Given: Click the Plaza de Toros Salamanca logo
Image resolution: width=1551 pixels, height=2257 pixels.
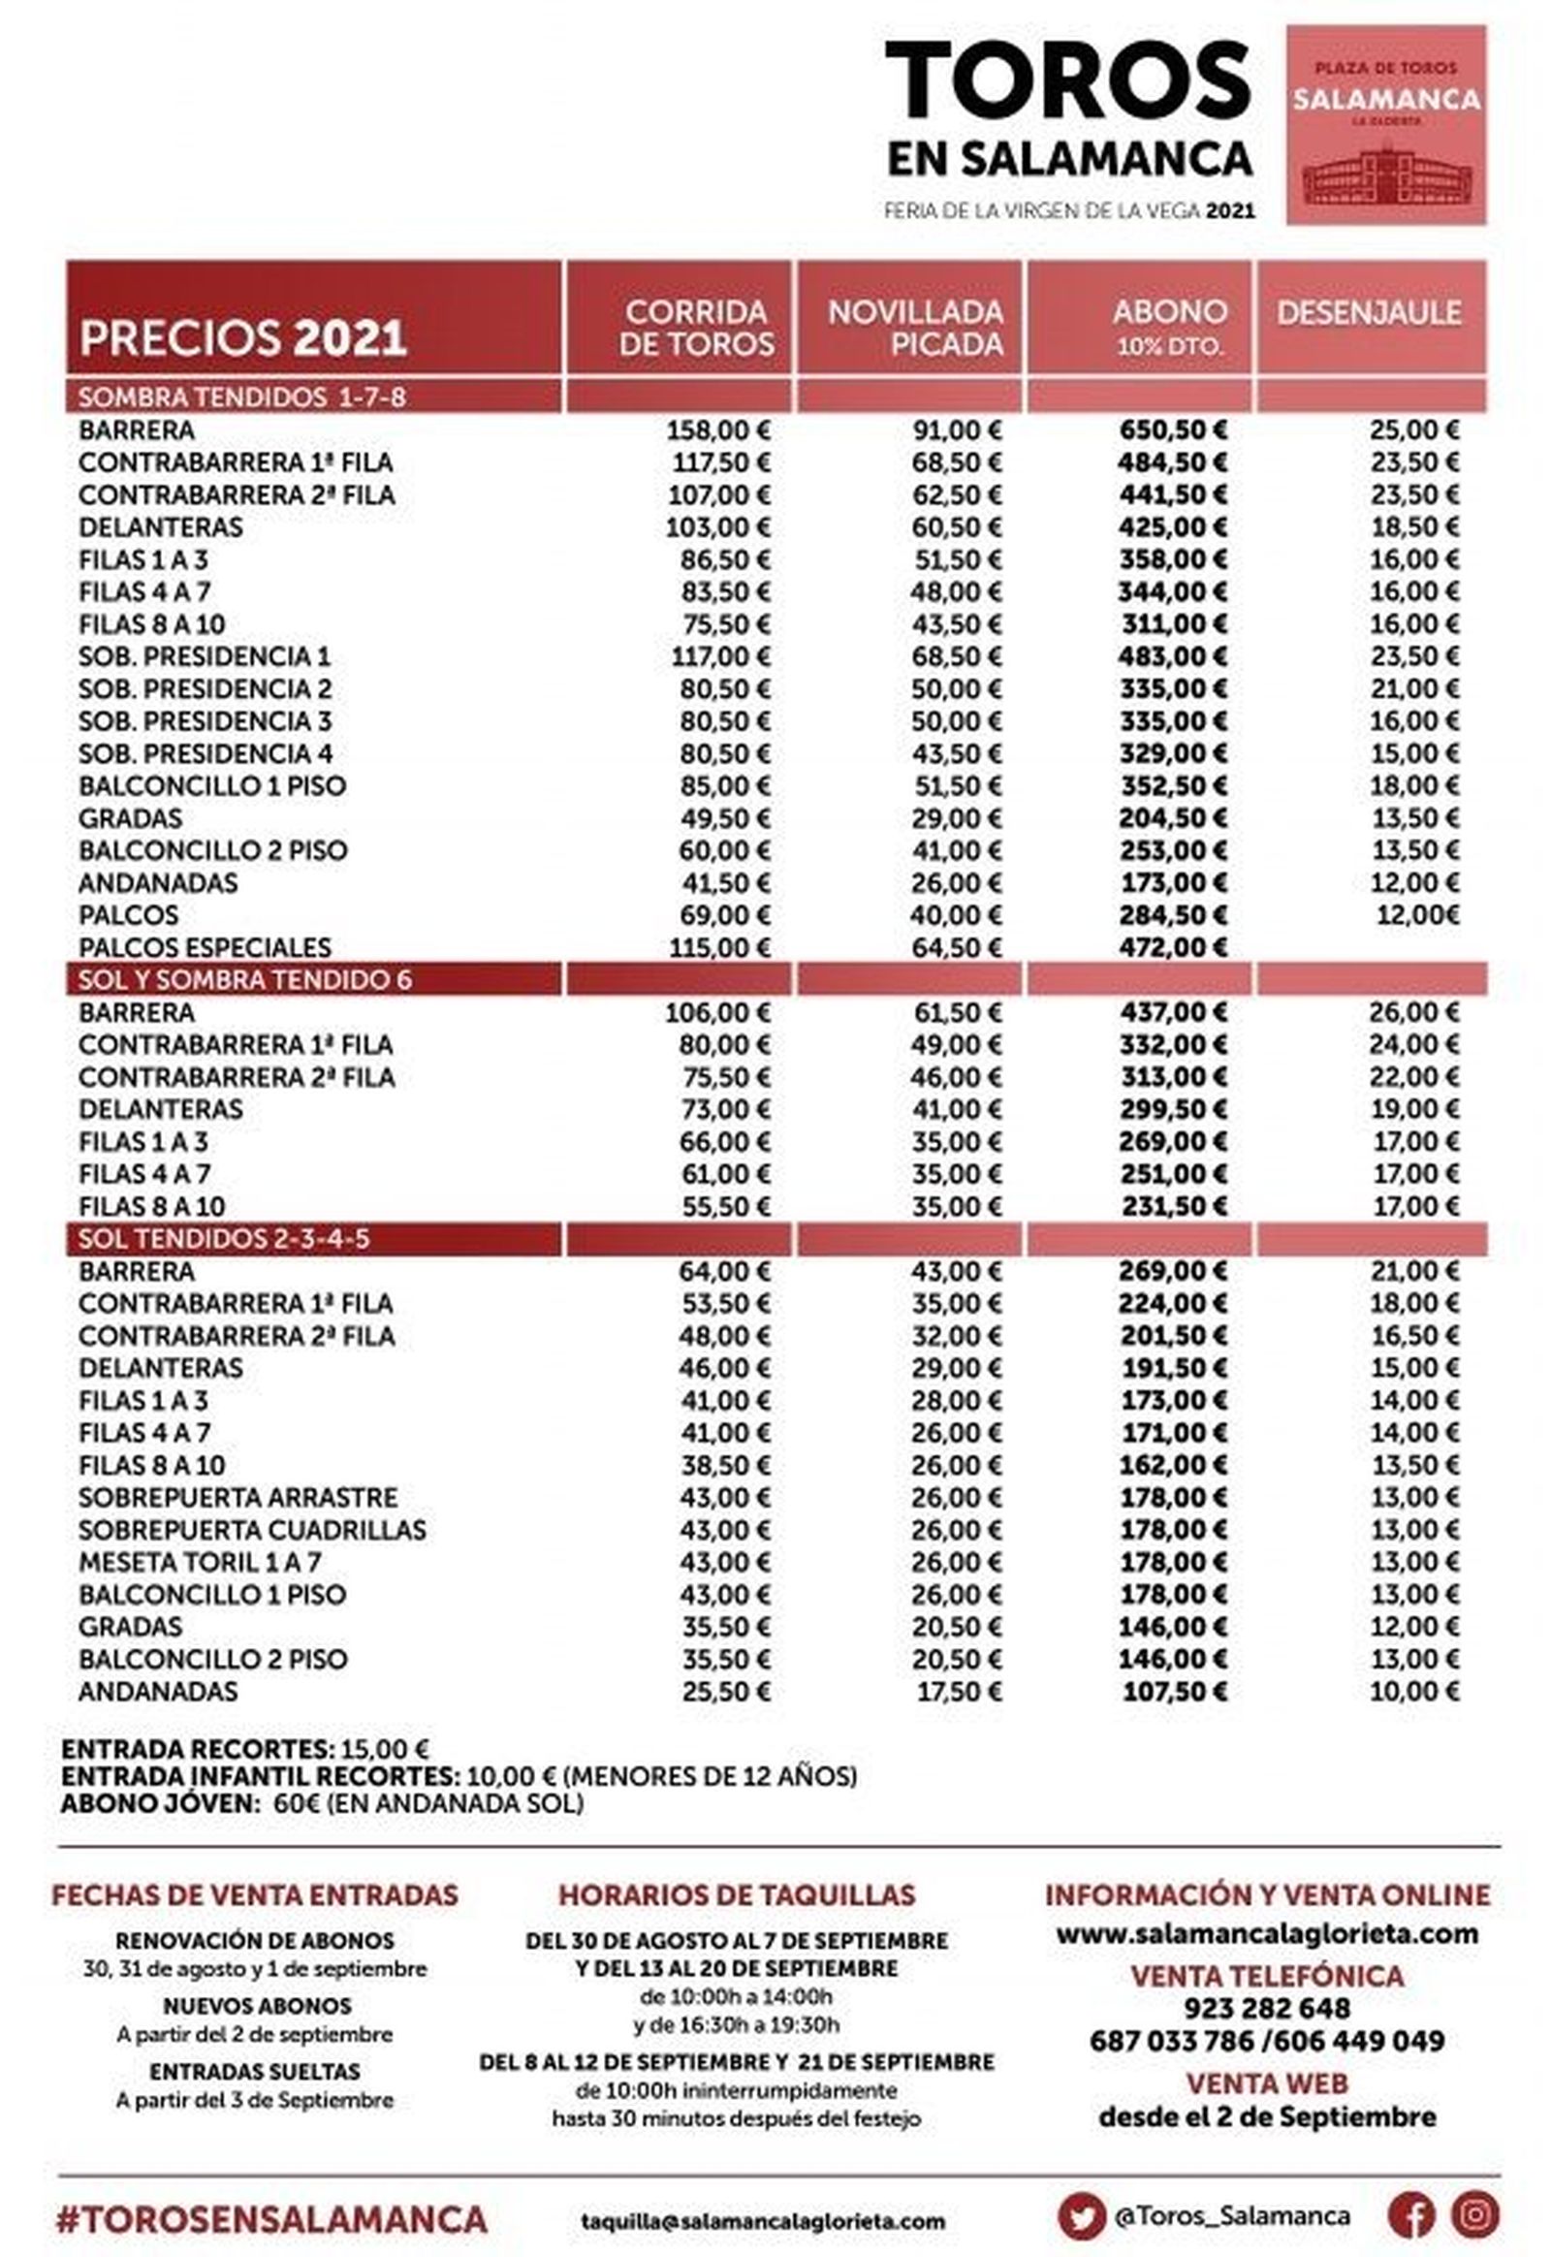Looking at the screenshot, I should [1386, 125].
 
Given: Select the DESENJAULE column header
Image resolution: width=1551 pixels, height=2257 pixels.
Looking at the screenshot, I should [1369, 313].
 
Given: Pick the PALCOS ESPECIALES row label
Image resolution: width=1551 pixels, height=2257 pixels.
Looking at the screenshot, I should [205, 948].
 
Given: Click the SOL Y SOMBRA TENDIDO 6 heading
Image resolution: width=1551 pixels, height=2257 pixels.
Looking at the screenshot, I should [245, 980].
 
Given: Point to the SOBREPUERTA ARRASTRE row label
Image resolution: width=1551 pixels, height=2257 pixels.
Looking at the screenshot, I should [238, 1498].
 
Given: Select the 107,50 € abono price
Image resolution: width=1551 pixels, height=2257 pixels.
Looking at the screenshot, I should [1174, 1692].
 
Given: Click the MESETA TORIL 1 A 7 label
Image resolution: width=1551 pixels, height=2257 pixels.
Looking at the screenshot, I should [200, 1563].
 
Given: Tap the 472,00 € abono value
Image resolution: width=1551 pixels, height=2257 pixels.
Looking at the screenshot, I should [1172, 948].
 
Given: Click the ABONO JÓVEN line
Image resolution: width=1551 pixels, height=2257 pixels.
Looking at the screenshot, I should [321, 1804].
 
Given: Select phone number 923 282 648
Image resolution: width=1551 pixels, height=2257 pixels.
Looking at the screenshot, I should [1266, 2008].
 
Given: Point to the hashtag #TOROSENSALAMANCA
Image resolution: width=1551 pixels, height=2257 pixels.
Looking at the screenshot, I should [272, 2218].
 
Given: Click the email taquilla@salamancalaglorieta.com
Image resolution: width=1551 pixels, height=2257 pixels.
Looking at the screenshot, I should [762, 2221].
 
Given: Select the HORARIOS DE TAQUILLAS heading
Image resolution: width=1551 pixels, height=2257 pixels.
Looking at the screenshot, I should [736, 1894].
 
